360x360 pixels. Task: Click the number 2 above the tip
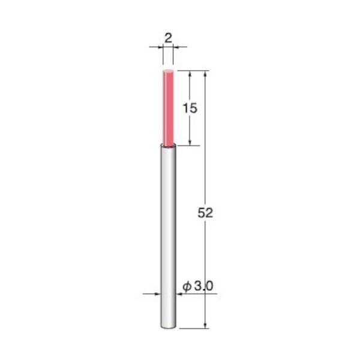pos(168,38)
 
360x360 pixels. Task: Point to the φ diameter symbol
pos(187,287)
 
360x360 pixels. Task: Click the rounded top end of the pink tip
pos(168,71)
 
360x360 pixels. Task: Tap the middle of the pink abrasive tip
pos(168,108)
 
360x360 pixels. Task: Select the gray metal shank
pos(168,234)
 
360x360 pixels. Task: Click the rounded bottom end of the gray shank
pos(168,327)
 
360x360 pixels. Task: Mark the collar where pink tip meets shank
pos(168,146)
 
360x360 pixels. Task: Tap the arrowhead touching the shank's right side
pos(179,294)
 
